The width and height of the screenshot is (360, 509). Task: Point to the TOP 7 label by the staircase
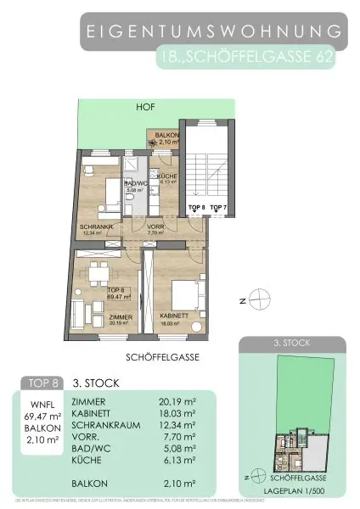(x=218, y=206)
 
